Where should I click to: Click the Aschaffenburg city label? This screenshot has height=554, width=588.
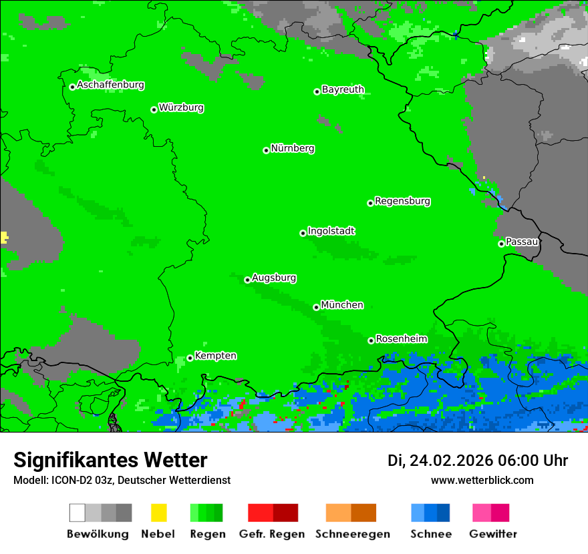click(x=110, y=85)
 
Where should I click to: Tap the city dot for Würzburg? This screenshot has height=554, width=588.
click(x=154, y=109)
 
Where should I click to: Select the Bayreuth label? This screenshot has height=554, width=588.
click(x=343, y=89)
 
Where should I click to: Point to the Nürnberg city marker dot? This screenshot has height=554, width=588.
click(x=266, y=150)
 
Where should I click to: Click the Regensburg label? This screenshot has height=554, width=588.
click(x=402, y=201)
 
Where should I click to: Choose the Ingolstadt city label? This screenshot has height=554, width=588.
click(x=331, y=231)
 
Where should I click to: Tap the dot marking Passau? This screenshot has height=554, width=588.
click(x=501, y=244)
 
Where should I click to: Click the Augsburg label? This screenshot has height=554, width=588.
click(x=274, y=278)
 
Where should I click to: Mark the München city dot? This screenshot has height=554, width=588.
click(x=316, y=307)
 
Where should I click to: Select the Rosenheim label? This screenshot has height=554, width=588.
click(x=401, y=339)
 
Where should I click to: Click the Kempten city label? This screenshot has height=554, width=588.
click(x=215, y=356)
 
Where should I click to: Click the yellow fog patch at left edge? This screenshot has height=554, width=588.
click(x=3, y=237)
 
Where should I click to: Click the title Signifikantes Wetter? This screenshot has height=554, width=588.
click(x=110, y=461)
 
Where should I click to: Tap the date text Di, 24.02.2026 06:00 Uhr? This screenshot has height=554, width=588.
click(x=478, y=461)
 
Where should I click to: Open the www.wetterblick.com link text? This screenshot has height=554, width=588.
click(x=482, y=481)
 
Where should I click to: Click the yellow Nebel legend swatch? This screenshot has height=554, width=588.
click(x=158, y=513)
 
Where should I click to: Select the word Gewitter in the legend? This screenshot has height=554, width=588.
click(x=492, y=534)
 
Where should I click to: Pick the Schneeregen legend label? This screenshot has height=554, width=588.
click(x=352, y=534)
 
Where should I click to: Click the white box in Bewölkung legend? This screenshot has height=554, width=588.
click(x=78, y=513)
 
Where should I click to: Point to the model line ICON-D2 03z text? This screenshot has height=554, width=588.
click(x=122, y=481)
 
